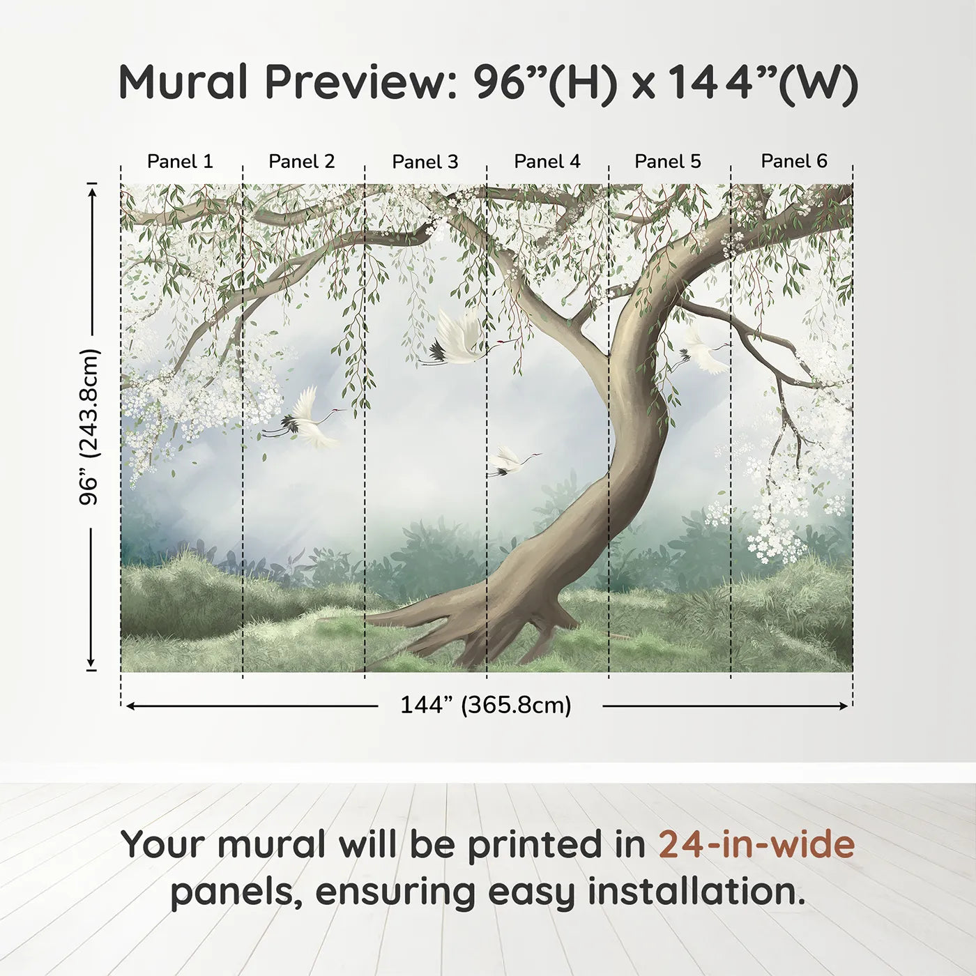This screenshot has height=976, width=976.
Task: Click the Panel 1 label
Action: point(180,162)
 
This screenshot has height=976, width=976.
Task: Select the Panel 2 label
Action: point(301,162)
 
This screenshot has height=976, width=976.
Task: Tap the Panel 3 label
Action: point(425,162)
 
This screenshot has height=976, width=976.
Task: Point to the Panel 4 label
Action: point(547,162)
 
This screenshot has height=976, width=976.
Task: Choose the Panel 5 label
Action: point(667,162)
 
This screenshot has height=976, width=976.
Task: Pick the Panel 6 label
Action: point(793,162)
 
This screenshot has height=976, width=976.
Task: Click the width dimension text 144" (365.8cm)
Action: point(485,706)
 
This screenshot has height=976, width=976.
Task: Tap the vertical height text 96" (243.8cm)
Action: point(89,427)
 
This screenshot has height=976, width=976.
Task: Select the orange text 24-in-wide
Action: point(756,845)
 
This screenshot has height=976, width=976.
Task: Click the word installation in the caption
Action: point(696,892)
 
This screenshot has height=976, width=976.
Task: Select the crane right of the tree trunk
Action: point(703,352)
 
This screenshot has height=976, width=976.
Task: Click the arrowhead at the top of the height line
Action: point(91,189)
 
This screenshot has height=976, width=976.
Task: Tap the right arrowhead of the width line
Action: point(844,706)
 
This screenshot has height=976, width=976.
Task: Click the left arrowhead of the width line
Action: point(130,706)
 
